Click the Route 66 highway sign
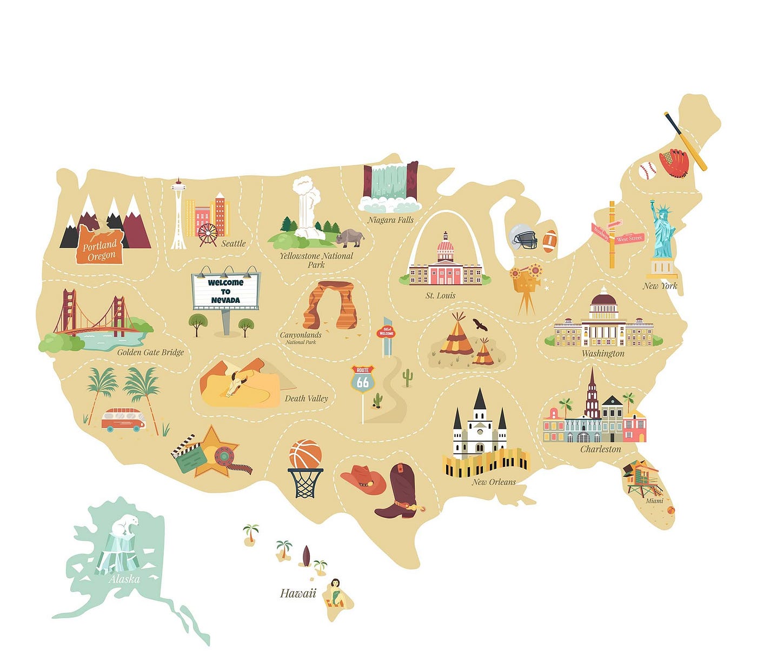click(362, 380)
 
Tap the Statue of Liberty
click(663, 233)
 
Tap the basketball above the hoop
click(305, 454)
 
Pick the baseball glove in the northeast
click(674, 163)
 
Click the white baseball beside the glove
click(647, 171)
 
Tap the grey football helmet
click(523, 236)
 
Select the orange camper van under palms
click(123, 420)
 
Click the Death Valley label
click(306, 399)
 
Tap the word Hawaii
click(298, 593)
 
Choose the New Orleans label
click(494, 482)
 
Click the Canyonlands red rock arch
click(330, 306)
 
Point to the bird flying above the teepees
click(480, 324)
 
